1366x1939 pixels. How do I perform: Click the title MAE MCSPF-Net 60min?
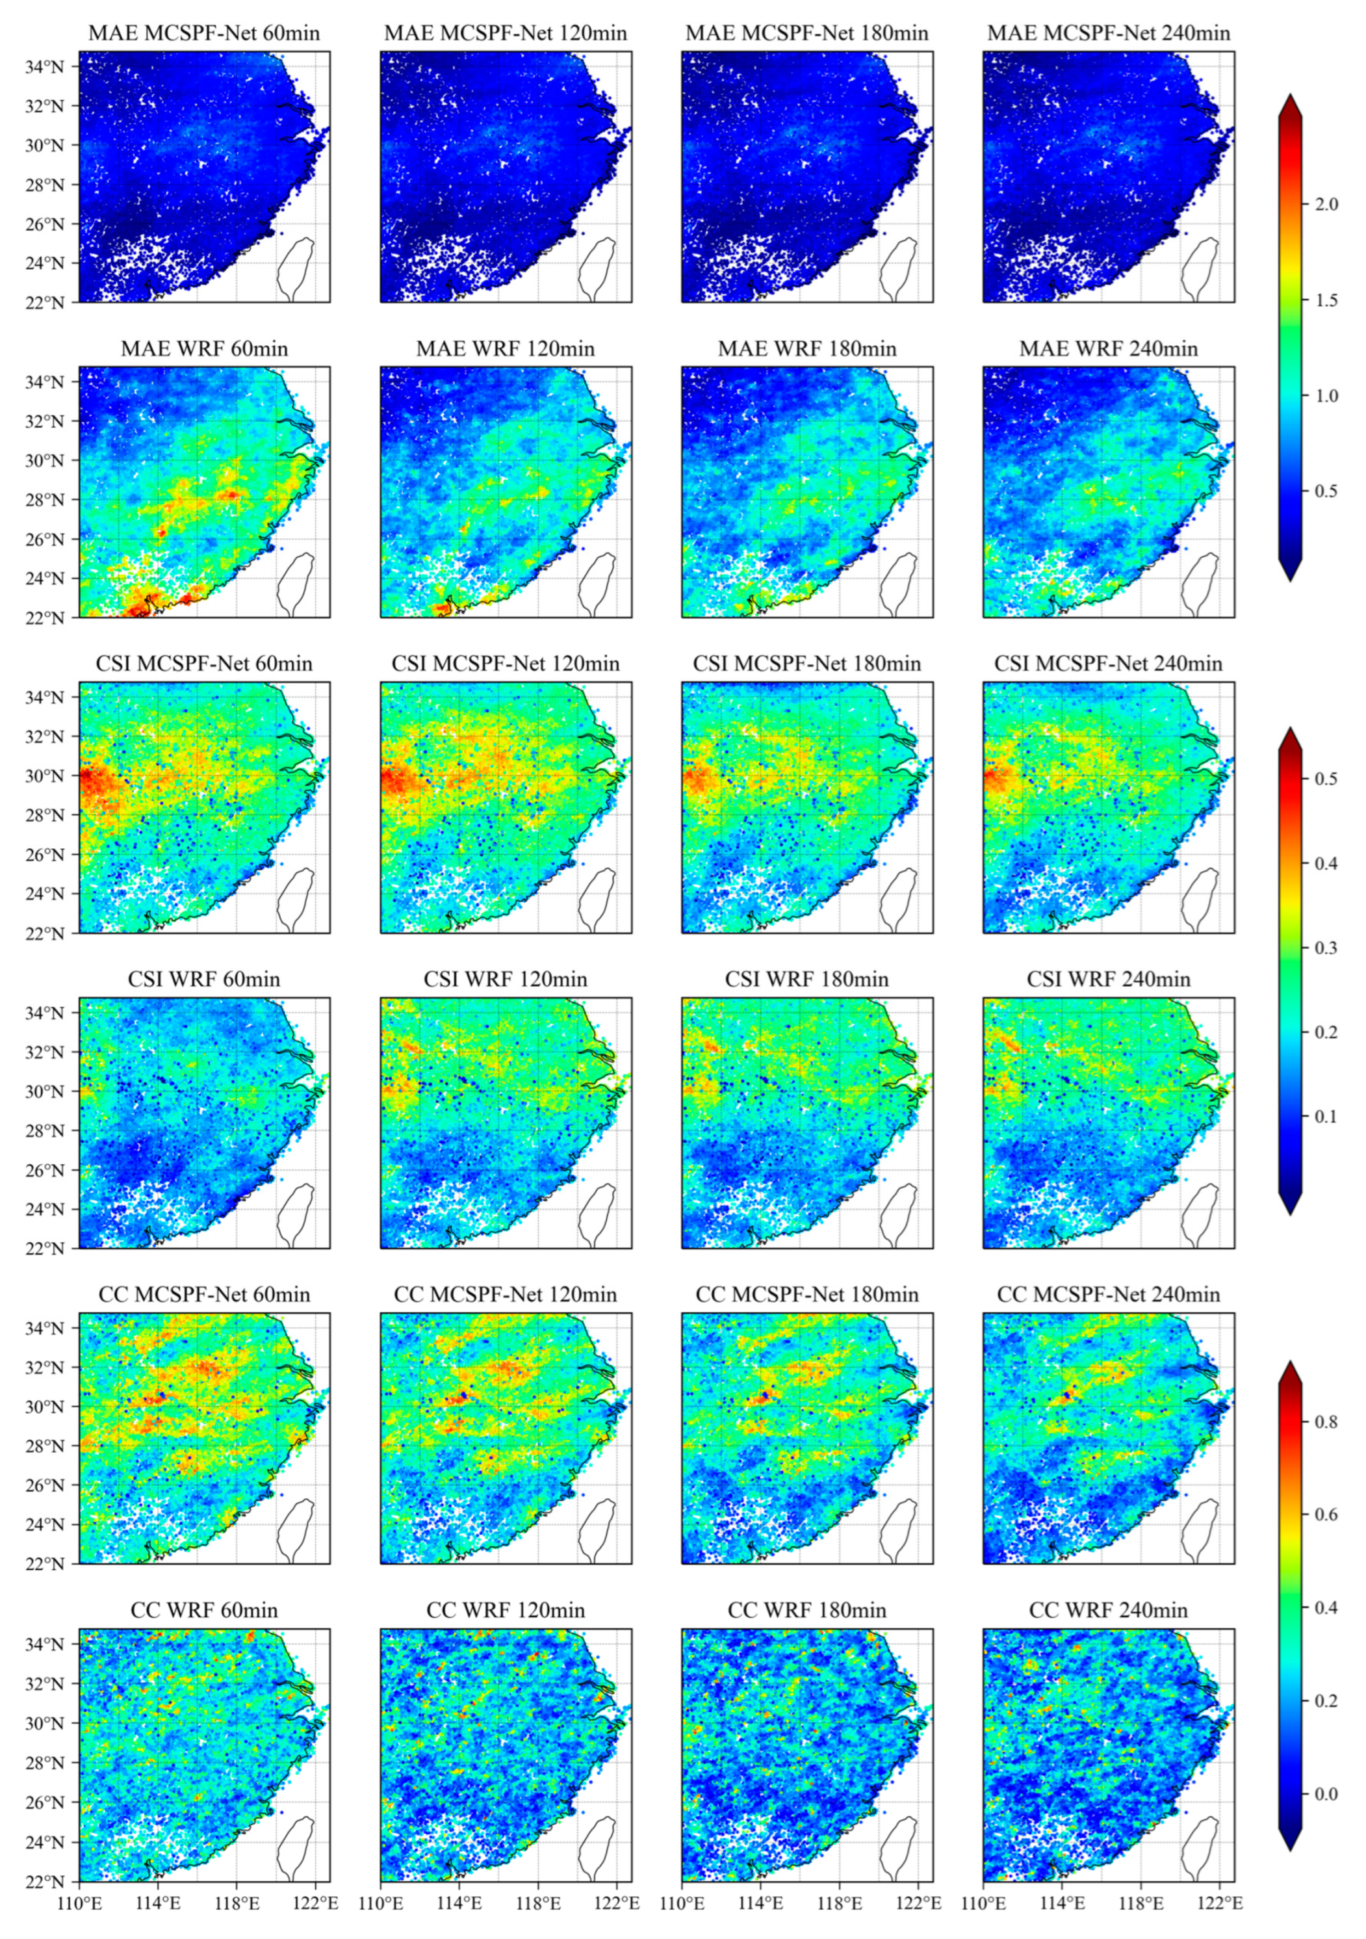coord(203,34)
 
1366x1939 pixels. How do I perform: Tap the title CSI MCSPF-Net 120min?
coord(505,664)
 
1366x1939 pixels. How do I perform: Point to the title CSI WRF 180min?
coord(806,980)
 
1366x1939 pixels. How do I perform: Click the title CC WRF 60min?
coord(203,1611)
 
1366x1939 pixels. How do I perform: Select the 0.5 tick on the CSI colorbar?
coord(1326,779)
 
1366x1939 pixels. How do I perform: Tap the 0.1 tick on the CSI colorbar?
coord(1326,1117)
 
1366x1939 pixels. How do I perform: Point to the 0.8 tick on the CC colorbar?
coord(1326,1422)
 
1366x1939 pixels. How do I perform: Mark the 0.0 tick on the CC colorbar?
coord(1326,1794)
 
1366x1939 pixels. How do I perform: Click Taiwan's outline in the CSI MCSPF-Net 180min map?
coord(898,900)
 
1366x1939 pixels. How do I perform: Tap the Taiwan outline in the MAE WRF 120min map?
coord(597,584)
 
